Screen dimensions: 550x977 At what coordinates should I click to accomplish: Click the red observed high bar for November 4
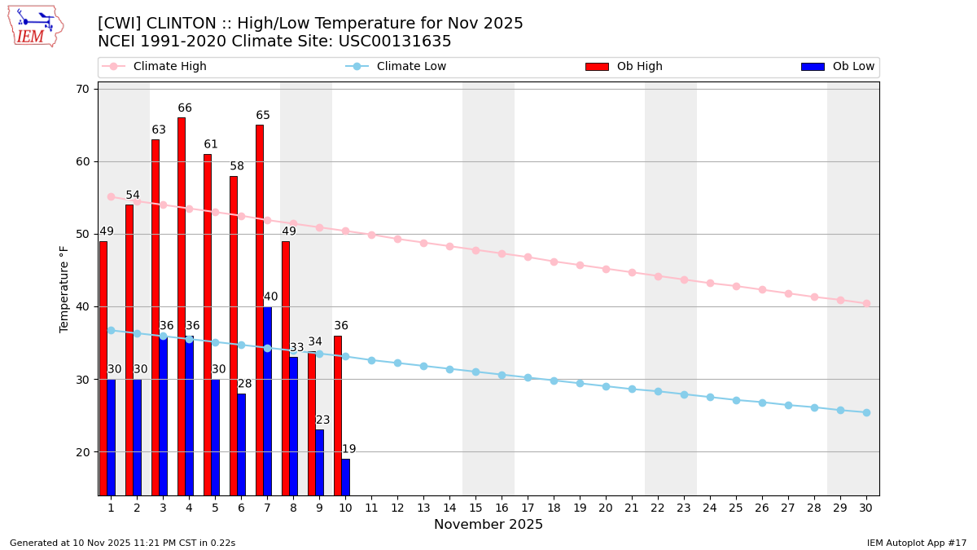(x=182, y=306)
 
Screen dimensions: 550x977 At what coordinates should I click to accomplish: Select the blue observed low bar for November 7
(x=267, y=401)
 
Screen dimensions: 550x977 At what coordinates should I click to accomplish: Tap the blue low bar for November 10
(x=345, y=477)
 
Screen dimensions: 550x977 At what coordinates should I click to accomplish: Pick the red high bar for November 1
(x=103, y=367)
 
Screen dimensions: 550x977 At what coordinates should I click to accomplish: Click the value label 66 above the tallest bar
(x=185, y=108)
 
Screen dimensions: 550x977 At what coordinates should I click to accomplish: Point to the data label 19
(x=348, y=449)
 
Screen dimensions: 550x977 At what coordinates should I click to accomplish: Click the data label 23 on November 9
(x=323, y=420)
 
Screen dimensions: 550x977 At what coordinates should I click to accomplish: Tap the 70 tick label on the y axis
(x=82, y=89)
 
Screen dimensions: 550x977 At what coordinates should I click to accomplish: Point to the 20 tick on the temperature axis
(x=82, y=452)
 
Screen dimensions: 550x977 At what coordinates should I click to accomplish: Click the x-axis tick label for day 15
(x=475, y=508)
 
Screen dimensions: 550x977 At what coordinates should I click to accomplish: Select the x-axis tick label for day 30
(x=866, y=508)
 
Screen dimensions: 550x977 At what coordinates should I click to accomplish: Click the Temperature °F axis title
(x=65, y=288)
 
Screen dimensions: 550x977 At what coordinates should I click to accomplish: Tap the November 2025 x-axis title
(x=488, y=525)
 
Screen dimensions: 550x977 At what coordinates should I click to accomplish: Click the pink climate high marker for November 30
(x=866, y=303)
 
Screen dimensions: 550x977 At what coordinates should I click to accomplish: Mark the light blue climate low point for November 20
(x=606, y=386)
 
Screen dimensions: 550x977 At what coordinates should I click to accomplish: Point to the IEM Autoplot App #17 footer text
(x=917, y=543)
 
